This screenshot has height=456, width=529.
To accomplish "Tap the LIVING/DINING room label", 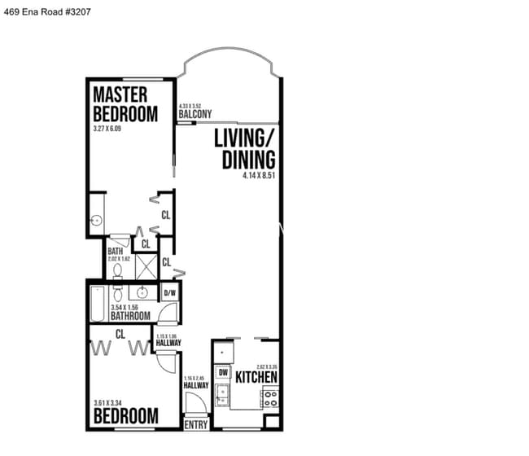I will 244,149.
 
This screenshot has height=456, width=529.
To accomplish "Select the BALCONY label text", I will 195,115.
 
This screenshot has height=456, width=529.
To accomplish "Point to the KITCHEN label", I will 256,378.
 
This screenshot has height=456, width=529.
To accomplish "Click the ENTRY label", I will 196,424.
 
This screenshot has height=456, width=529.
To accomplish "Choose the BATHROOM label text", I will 130,315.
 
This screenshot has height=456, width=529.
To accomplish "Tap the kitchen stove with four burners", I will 269,398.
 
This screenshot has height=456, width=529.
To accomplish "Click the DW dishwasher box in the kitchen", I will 223,373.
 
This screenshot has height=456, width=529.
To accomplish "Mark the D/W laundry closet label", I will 170,293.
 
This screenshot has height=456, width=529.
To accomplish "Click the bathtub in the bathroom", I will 98,304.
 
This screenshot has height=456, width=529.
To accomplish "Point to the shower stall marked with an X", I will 146,266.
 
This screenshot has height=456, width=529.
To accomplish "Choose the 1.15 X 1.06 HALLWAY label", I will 168,340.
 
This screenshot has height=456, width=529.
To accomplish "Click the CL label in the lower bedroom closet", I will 120,332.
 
